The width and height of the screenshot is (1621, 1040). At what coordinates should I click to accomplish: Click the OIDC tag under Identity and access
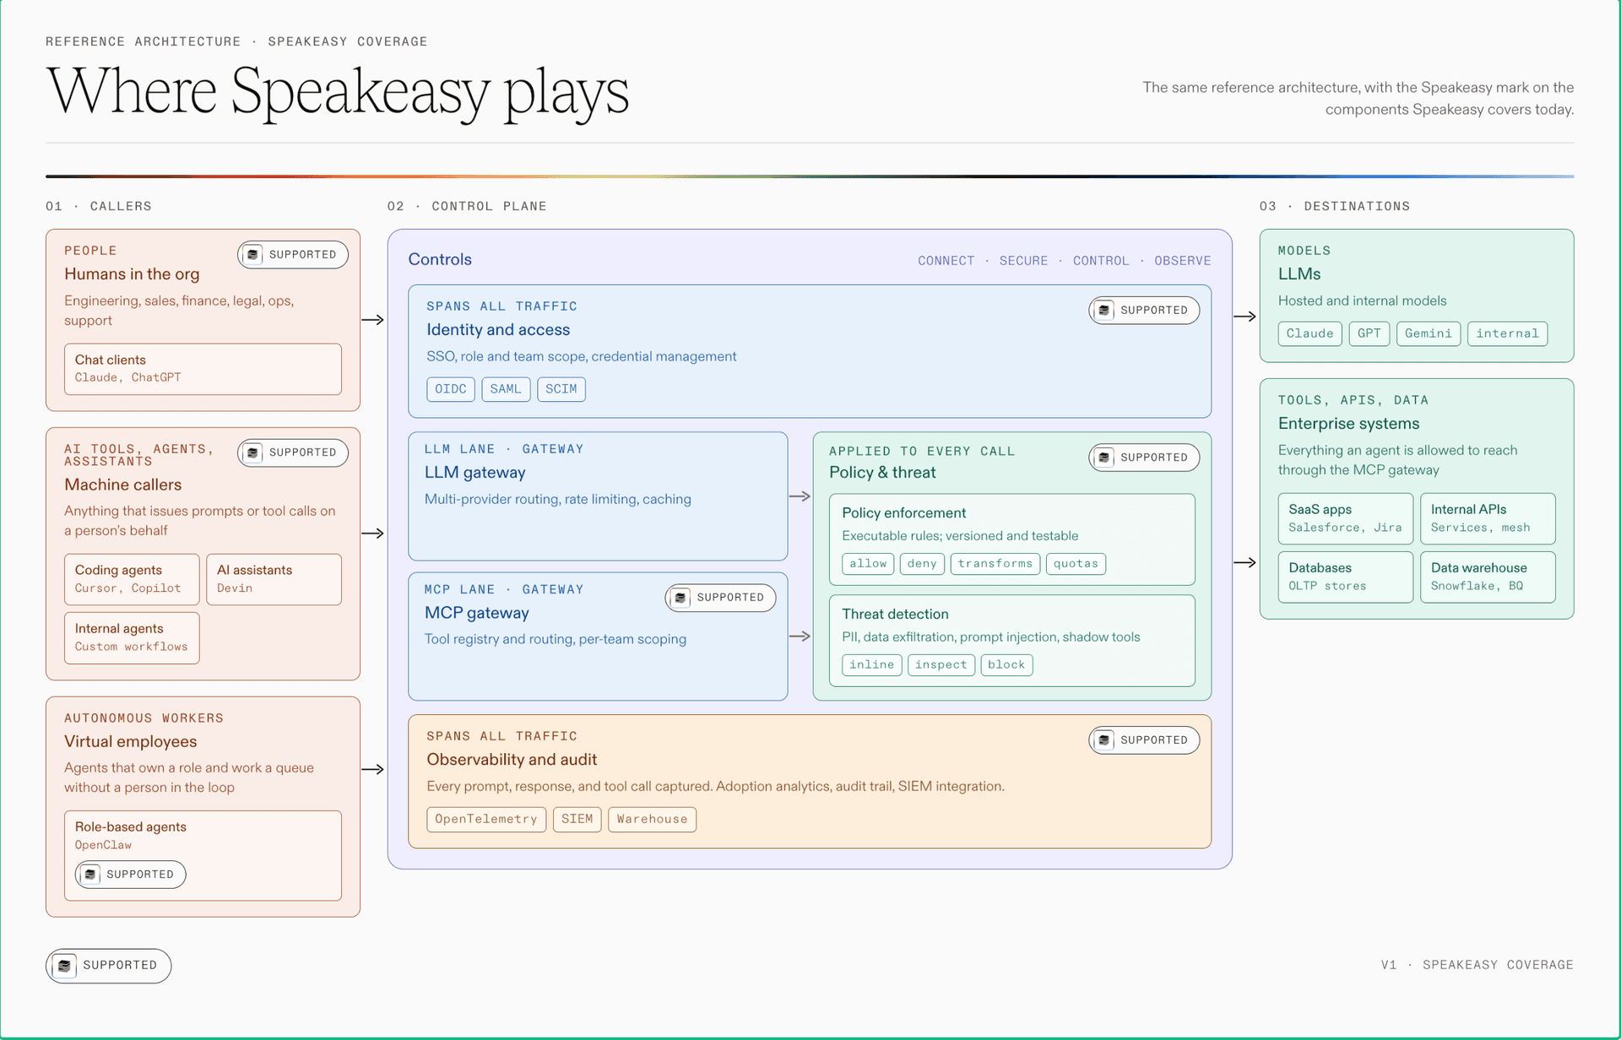click(451, 389)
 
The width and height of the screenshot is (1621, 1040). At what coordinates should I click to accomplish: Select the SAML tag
click(506, 389)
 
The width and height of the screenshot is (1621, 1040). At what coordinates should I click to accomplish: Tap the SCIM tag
click(561, 389)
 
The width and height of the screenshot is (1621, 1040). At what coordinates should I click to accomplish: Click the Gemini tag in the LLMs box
click(1429, 333)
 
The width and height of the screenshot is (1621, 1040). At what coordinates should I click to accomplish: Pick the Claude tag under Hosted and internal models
click(1309, 333)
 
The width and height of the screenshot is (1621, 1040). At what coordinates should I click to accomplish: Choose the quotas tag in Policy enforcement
click(1076, 564)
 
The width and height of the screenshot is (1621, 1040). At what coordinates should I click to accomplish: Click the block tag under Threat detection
click(1006, 665)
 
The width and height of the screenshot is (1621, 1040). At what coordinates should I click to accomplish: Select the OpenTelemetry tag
click(486, 820)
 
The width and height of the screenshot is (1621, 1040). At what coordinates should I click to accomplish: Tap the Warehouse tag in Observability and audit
click(652, 820)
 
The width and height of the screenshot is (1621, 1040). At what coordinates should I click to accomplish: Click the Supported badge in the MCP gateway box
click(720, 598)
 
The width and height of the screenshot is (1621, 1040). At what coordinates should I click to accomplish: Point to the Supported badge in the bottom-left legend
click(109, 966)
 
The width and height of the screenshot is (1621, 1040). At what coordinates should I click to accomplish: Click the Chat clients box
click(203, 369)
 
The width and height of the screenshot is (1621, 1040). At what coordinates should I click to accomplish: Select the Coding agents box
click(132, 579)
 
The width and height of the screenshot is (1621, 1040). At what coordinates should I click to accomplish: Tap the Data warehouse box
click(1488, 577)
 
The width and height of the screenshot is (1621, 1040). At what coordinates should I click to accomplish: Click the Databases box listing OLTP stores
click(1345, 577)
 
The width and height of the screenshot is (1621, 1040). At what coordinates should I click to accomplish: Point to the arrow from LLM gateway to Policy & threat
click(800, 496)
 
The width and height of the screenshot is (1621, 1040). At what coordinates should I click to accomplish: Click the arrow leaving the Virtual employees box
click(372, 769)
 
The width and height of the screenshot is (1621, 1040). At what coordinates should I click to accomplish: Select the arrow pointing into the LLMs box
click(1245, 317)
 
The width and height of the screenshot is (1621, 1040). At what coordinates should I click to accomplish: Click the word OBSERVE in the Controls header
click(1182, 261)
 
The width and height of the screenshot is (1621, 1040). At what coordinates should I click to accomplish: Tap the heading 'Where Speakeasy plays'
click(338, 93)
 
